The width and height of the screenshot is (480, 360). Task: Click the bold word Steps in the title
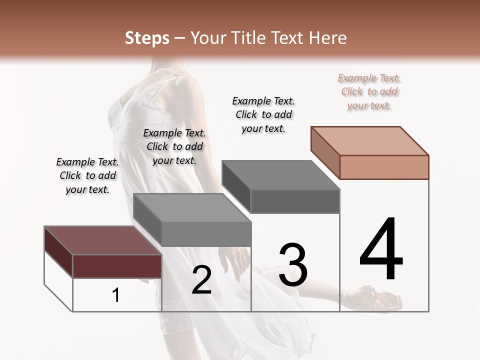click(x=147, y=38)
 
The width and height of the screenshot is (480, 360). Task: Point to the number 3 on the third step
click(x=293, y=265)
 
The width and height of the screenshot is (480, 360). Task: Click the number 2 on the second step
click(x=201, y=280)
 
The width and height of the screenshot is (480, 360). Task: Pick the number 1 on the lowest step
click(x=116, y=295)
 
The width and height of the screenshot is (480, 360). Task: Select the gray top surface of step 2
click(x=192, y=207)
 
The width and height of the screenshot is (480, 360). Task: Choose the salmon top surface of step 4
click(x=370, y=140)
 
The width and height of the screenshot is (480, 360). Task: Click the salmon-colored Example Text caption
click(x=369, y=91)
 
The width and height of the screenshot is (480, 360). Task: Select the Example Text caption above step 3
click(x=263, y=114)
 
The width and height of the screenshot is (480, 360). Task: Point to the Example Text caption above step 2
click(x=174, y=146)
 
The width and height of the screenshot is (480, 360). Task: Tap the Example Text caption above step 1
click(x=87, y=175)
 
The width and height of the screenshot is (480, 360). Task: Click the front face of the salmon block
click(x=384, y=167)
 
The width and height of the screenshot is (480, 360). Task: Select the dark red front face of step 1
click(x=117, y=266)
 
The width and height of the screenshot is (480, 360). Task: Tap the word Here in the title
click(x=328, y=38)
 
